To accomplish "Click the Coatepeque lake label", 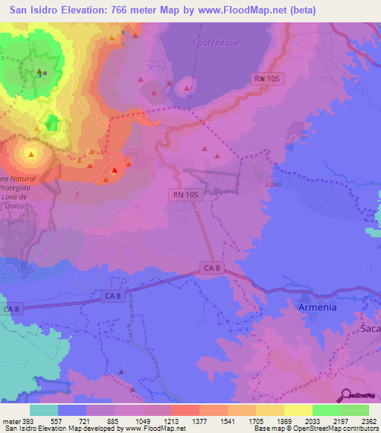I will coord(217,42).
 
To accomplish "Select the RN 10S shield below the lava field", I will coord(186,194).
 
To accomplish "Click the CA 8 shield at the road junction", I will coord(212,268).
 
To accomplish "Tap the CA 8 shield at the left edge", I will coord(13,308).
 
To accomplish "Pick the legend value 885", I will coord(113,421).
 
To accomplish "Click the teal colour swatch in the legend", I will coord(44,410).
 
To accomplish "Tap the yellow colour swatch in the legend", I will coord(298,410).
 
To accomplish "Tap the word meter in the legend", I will coord(10,421).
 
